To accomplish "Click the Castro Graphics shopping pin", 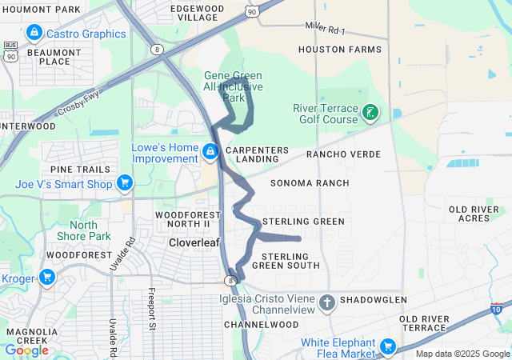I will (x=34, y=33).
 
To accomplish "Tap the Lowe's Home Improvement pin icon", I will (x=210, y=150).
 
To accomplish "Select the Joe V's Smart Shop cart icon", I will (x=124, y=183).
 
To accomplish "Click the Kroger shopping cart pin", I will (x=46, y=278).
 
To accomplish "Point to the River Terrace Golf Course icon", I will (x=370, y=113).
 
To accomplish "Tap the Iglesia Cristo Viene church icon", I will (x=326, y=303).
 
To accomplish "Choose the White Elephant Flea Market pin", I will (x=388, y=346).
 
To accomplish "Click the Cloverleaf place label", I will (x=194, y=242).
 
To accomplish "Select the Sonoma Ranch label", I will (x=309, y=183).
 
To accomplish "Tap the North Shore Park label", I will (x=83, y=230).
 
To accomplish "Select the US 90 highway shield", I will (x=253, y=11).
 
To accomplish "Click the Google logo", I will (x=26, y=350).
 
